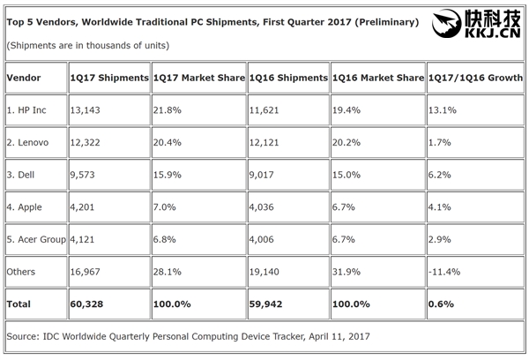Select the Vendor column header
click(24, 78)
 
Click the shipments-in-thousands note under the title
click(87, 44)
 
